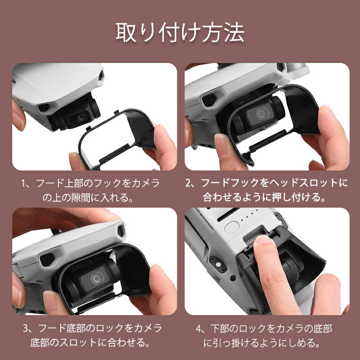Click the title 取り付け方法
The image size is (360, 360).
tap(180, 32)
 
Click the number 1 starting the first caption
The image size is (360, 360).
tap(25, 184)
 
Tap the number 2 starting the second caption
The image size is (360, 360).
tap(189, 184)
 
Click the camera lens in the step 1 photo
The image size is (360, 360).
tap(81, 117)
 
